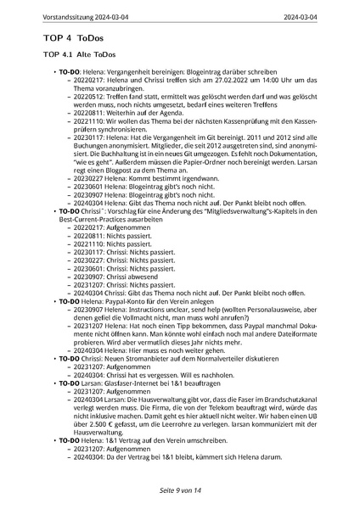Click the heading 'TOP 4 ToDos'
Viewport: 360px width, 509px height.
(69, 38)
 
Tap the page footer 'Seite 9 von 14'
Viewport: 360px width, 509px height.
(180, 490)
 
